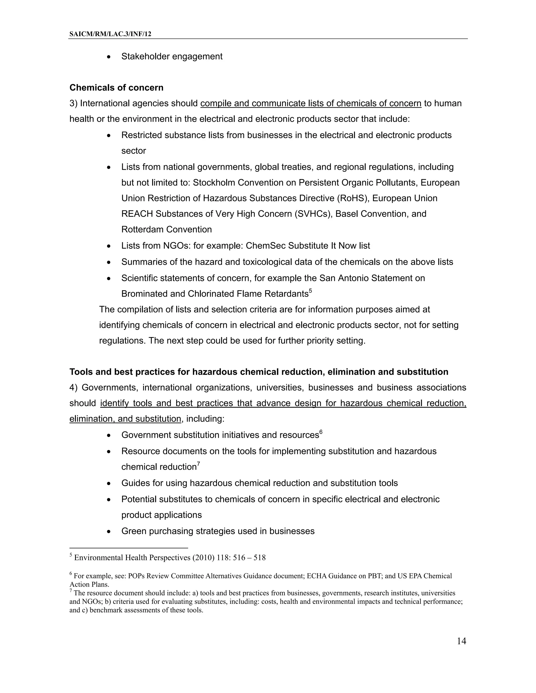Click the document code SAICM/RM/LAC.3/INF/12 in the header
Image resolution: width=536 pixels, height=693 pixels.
110,34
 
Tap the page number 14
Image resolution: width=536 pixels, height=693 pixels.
461,641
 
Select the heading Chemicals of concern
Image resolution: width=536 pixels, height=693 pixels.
116,88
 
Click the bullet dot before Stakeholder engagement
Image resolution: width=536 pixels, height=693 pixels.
109,57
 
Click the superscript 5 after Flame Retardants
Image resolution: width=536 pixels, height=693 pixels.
311,291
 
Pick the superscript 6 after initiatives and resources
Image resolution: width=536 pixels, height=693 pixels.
321,432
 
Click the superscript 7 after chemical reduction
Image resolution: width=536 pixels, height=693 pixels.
198,464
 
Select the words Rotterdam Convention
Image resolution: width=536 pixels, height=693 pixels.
166,229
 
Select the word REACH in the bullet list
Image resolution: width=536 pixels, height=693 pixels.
137,214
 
